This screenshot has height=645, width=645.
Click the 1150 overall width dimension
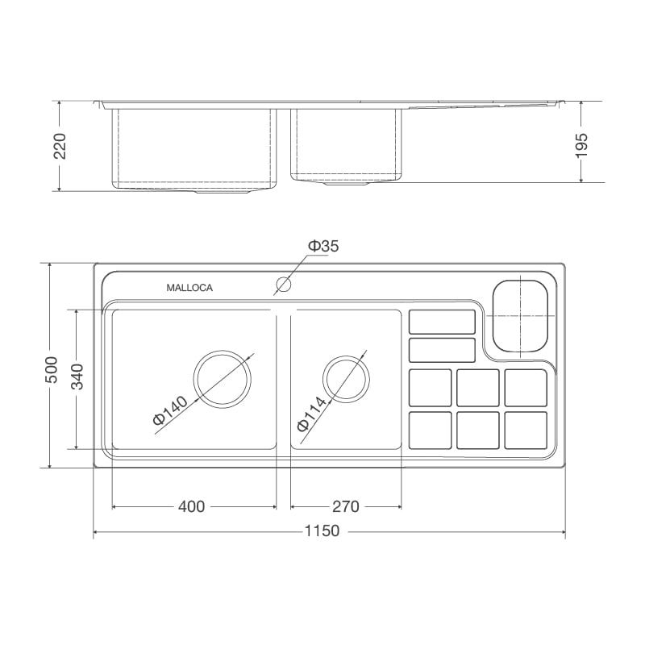(x=322, y=531)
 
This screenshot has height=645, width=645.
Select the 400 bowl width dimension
(x=191, y=507)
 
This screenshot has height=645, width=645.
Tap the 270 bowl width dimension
(x=346, y=507)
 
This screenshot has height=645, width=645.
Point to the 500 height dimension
(x=52, y=370)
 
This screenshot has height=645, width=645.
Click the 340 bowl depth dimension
(x=77, y=377)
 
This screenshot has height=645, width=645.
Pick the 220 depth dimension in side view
(x=60, y=146)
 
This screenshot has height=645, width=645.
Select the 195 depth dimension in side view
(x=581, y=146)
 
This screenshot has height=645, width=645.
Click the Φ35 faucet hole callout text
(x=323, y=246)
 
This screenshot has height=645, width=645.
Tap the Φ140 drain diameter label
(x=170, y=410)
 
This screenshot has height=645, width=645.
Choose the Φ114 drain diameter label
(x=311, y=414)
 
